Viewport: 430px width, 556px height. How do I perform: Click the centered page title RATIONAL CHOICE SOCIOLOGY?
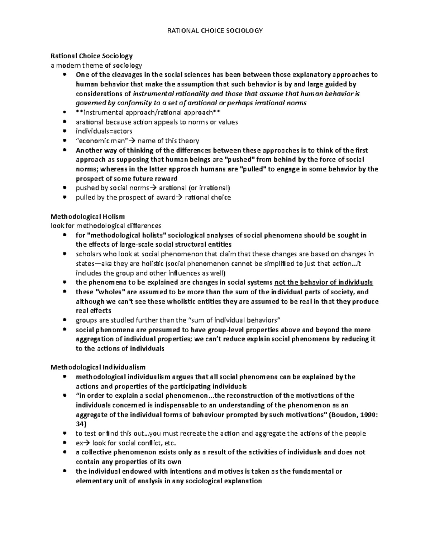[x=215, y=30]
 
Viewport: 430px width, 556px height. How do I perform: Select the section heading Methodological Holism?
[x=88, y=216]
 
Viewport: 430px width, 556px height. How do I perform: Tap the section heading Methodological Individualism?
[x=98, y=367]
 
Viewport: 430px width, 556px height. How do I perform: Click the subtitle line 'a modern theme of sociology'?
[x=96, y=65]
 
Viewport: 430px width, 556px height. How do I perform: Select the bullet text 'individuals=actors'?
[x=104, y=131]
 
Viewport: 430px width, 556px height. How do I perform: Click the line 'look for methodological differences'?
[x=106, y=226]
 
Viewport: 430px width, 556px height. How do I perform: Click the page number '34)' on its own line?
[x=81, y=424]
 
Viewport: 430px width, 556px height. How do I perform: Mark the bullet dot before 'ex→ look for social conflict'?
[x=64, y=442]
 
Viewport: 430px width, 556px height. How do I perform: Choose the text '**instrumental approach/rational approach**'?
[x=148, y=112]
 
